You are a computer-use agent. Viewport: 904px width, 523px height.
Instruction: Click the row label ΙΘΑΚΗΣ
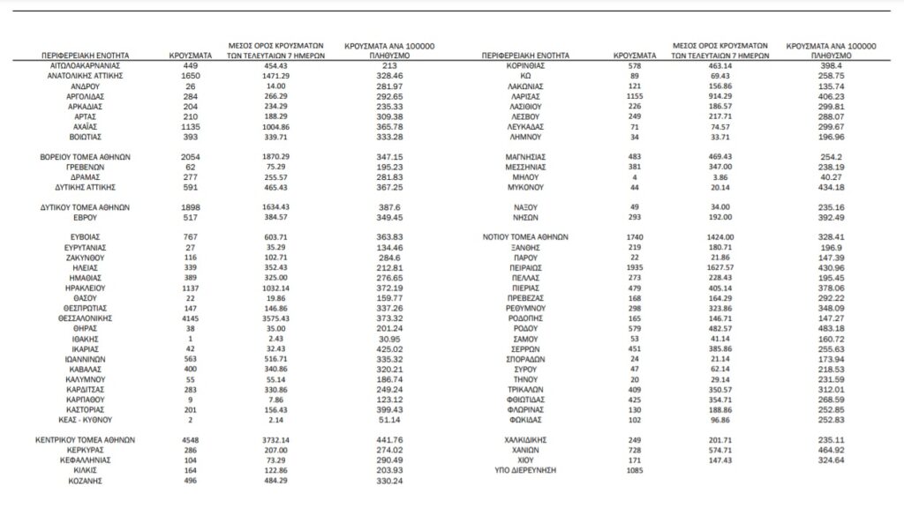[86, 338]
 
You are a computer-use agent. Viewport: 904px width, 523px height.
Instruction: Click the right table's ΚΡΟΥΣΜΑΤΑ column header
[635, 55]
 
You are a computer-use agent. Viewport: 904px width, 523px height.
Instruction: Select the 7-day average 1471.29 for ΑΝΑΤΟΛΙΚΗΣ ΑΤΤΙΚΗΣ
[272, 76]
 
